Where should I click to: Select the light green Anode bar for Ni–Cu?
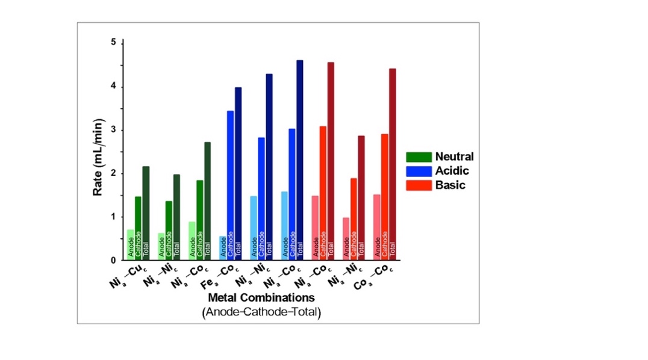(130, 244)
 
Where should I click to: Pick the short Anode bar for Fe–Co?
(222, 248)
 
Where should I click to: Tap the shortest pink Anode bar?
(346, 238)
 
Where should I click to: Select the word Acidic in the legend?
(452, 171)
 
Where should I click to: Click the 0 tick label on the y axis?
(113, 261)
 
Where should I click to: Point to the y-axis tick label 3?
(113, 130)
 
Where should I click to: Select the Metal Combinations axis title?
(261, 298)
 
